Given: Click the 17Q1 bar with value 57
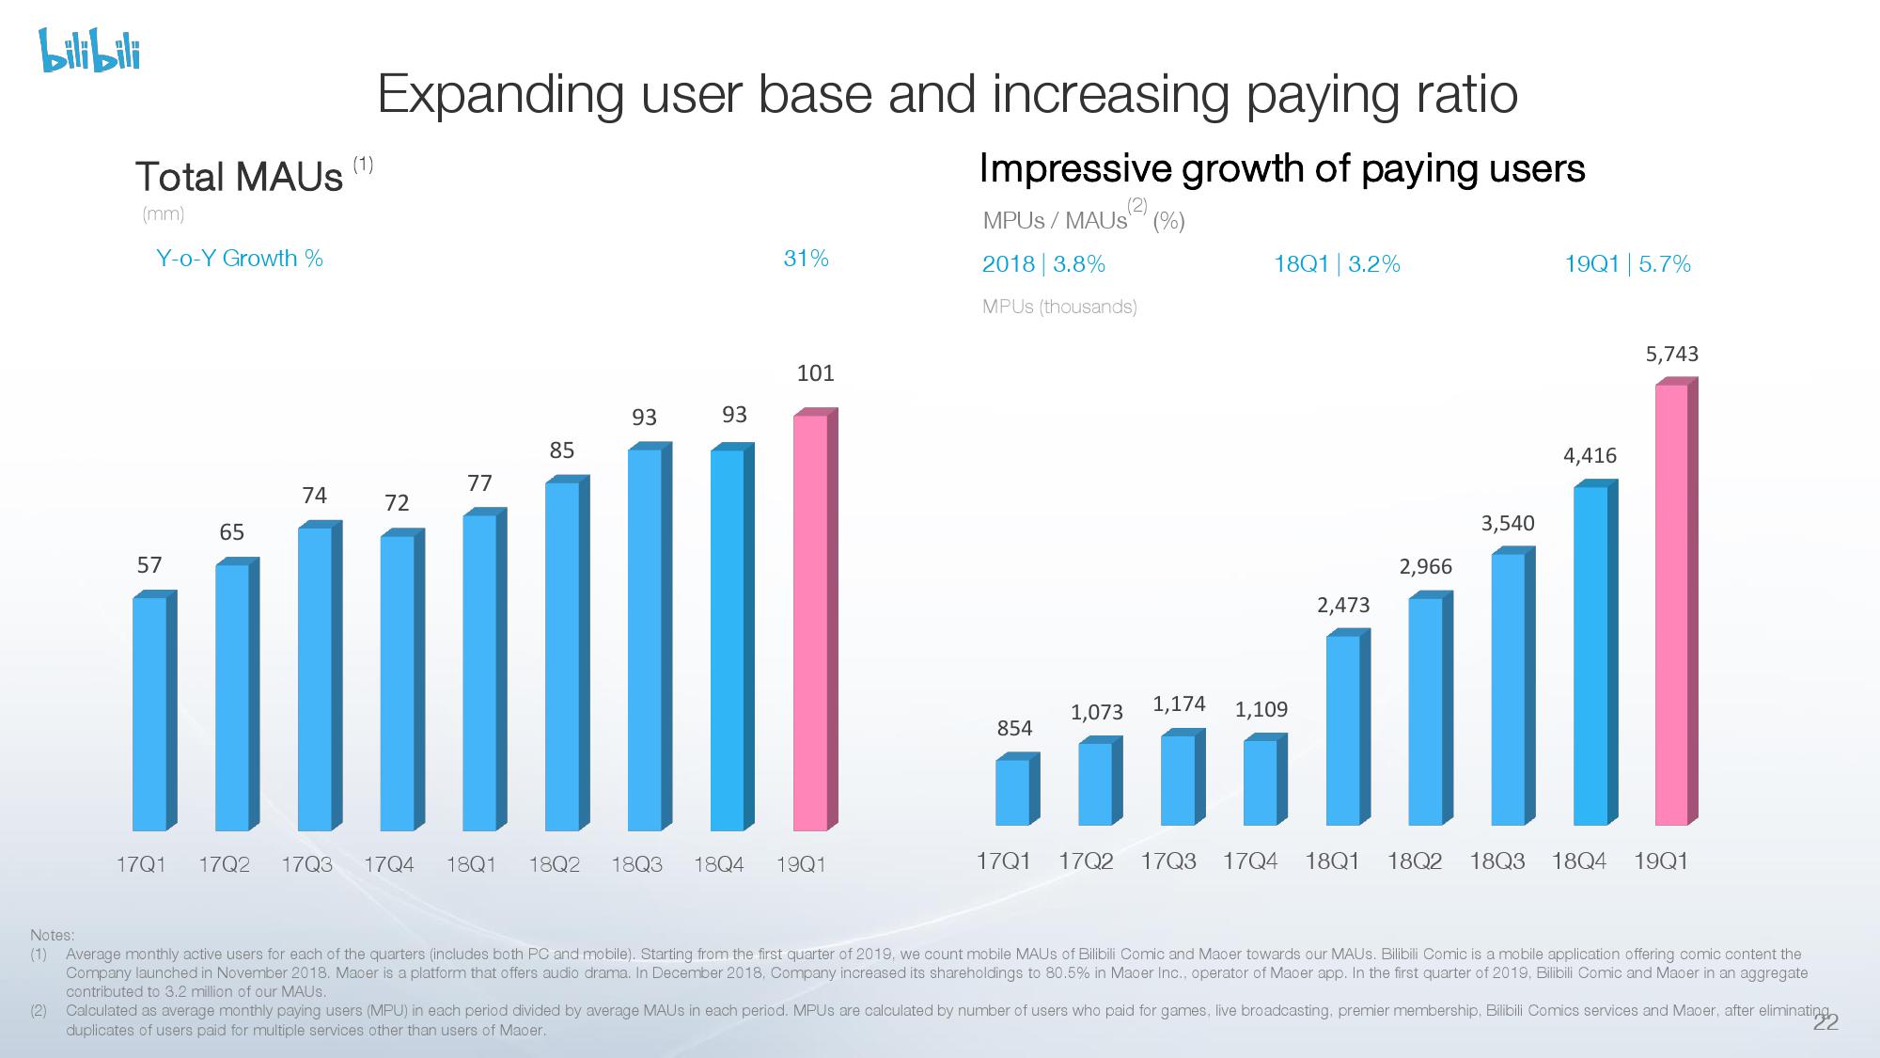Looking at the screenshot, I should pos(150,713).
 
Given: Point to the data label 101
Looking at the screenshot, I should pos(815,373).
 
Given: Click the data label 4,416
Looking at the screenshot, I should pos(1590,456).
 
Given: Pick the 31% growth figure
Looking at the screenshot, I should pos(806,259).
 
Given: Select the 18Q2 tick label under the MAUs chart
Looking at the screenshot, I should pos(554,864).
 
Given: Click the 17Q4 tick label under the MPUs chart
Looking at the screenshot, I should pos(1250,861).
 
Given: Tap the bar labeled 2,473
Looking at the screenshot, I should pos(1343,729).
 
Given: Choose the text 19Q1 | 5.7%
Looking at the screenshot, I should pos(1627,264).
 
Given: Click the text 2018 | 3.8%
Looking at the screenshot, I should pos(1043,264).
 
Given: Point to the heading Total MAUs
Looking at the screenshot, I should pos(240,177).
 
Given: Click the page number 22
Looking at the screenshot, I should pos(1825,1023).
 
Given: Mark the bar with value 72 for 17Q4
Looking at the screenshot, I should pos(398,682).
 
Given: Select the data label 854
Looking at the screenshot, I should pos(1014,728).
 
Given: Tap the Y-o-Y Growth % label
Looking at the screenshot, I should pos(240,259).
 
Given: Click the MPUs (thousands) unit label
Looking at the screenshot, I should pos(1059,307).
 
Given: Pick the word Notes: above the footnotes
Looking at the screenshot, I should pos(52,935).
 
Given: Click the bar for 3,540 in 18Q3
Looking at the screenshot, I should pos(1508,688).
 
